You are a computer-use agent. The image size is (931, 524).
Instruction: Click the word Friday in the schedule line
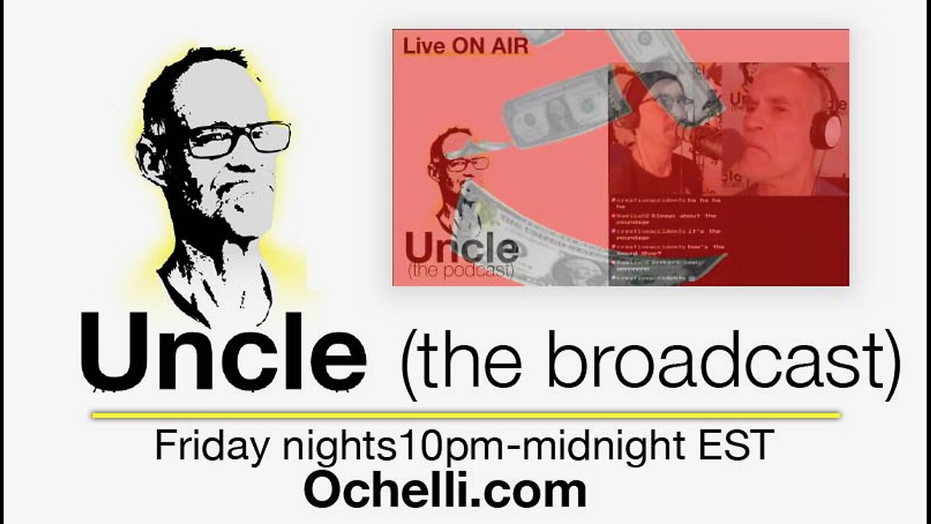pos(213,446)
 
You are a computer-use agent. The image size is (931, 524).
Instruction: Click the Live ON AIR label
pos(465,47)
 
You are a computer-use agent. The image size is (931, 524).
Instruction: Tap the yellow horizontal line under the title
pos(465,416)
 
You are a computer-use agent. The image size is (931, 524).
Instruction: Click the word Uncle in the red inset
pos(461,248)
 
